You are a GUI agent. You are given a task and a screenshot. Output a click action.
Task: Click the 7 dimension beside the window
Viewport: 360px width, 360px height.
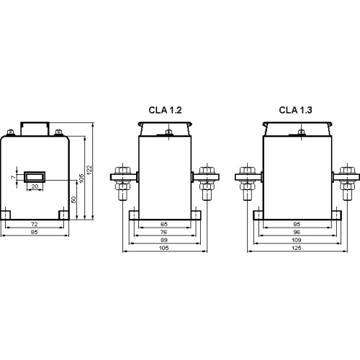12,176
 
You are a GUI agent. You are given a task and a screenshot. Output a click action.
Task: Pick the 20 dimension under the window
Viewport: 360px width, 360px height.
35,186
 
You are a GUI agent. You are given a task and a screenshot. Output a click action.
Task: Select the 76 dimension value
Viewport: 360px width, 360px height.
164,233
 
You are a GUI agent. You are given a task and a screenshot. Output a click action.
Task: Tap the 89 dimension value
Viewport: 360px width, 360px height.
164,240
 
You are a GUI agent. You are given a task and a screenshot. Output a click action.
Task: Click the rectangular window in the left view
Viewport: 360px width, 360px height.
35,176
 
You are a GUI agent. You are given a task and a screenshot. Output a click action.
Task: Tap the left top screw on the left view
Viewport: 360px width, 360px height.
12,132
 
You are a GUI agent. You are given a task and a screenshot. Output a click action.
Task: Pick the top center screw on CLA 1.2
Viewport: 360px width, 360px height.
168,132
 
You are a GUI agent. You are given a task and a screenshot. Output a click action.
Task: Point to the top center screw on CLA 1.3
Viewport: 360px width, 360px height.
299,132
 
